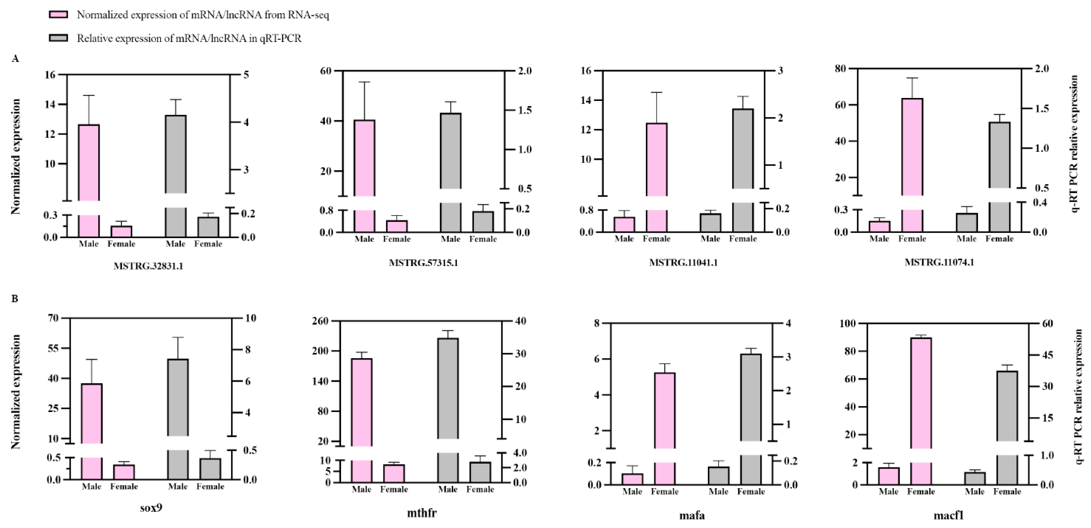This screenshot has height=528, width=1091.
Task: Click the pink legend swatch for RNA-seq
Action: coord(59,15)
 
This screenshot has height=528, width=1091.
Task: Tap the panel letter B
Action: coord(15,299)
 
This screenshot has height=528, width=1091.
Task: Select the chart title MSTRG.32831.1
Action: coord(148,266)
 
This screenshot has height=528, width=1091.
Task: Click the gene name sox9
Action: coord(151,507)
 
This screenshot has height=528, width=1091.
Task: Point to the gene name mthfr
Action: coord(422,513)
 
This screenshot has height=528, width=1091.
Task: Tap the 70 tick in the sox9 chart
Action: coord(53,318)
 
